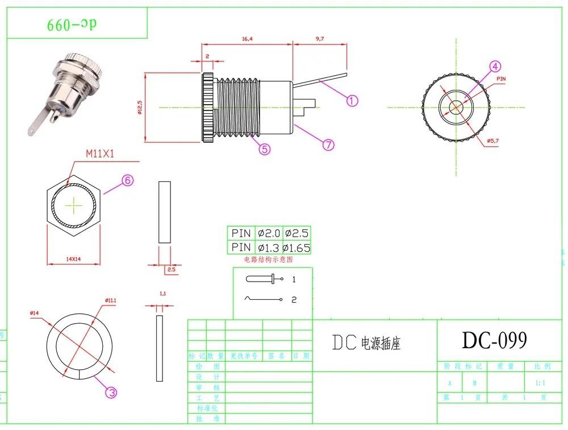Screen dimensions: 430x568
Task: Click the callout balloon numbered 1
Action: click(352, 101)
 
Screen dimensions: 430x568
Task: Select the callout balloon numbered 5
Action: click(265, 148)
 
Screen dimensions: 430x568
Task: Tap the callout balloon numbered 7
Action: click(328, 144)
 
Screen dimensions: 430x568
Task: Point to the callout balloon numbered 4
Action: click(495, 67)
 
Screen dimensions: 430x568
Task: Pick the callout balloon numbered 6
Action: click(127, 180)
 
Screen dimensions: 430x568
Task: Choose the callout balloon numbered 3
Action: click(111, 392)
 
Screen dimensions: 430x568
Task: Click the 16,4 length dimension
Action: click(247, 39)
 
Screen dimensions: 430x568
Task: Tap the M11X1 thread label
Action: click(101, 154)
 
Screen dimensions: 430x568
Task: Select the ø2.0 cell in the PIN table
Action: click(269, 233)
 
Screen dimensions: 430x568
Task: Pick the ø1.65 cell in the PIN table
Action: click(297, 247)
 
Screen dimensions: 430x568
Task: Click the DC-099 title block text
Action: click(494, 340)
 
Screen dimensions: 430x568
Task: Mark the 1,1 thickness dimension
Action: click(162, 293)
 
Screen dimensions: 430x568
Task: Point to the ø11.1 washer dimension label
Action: click(110, 300)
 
